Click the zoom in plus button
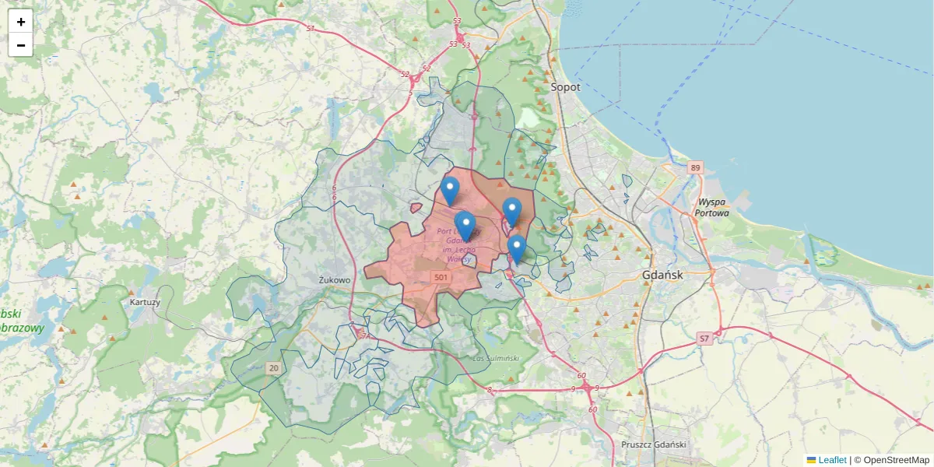coord(21,22)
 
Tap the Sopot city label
coord(566,87)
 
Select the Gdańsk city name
coord(663,275)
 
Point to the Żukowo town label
coord(335,279)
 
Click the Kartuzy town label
coord(145,301)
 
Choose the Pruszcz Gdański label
coord(654,444)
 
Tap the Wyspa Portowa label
coord(713,207)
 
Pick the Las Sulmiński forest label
coord(496,358)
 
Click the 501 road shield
coord(441,277)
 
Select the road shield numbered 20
coord(273,367)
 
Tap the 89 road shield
coord(695,167)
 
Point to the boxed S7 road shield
coord(704,338)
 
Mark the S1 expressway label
coord(311,28)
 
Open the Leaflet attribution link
coord(832,460)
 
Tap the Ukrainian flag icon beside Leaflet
coord(811,460)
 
